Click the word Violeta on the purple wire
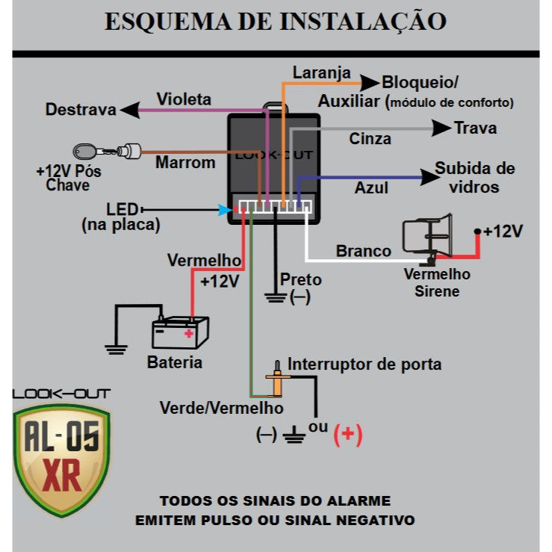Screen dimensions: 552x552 [x=184, y=99]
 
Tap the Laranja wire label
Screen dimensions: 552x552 [x=321, y=73]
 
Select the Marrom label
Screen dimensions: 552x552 [x=185, y=162]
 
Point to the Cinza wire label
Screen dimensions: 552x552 [x=370, y=139]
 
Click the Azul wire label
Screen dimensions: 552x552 [x=371, y=187]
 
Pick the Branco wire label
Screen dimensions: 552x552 [x=363, y=251]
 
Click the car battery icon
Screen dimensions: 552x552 [x=180, y=332]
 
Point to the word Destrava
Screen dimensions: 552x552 [x=81, y=110]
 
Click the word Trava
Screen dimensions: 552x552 [x=475, y=128]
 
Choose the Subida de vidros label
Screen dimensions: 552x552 [x=475, y=177]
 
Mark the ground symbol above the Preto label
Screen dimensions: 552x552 [x=276, y=298]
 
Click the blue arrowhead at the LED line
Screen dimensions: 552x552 [x=224, y=211]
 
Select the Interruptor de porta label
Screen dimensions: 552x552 [x=365, y=365]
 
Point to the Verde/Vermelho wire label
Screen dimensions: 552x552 [x=221, y=408]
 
